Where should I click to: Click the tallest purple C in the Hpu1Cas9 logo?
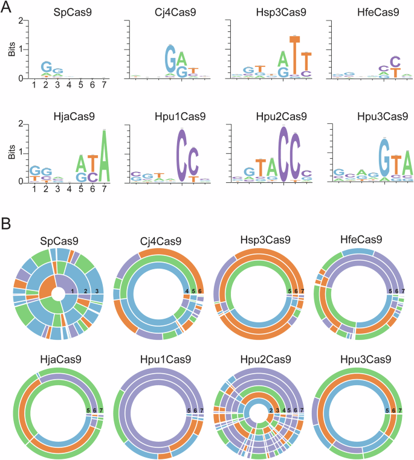tap(182, 155)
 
